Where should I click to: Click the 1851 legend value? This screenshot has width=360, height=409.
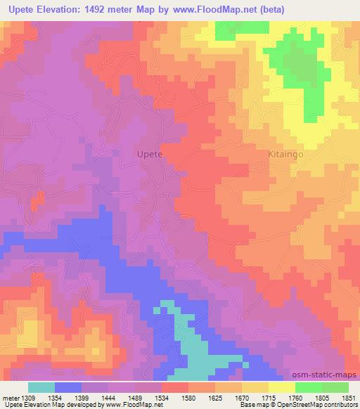tap(348, 398)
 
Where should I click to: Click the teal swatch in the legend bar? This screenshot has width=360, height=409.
tap(41, 387)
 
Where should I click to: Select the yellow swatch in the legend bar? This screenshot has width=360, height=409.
tap(282, 387)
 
